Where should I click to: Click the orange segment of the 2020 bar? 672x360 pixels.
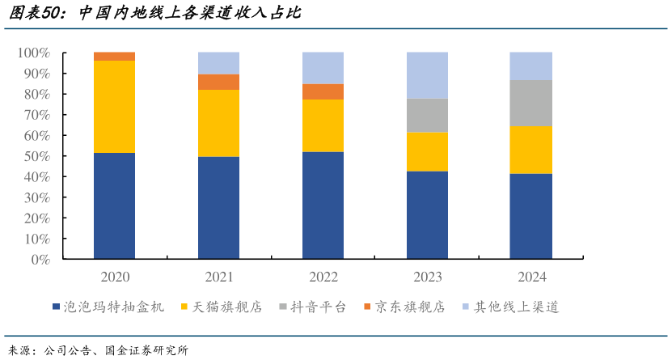(x=115, y=57)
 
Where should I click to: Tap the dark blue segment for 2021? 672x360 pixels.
(x=219, y=208)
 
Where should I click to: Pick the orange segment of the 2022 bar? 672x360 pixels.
(x=323, y=91)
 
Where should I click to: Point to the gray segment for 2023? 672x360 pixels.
(x=427, y=115)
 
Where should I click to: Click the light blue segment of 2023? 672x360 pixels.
(x=427, y=75)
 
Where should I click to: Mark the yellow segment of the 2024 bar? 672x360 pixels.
(x=530, y=150)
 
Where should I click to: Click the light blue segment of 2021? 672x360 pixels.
(x=219, y=63)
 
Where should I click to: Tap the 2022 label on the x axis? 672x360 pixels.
(x=323, y=277)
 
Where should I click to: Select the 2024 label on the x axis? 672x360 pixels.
(x=530, y=277)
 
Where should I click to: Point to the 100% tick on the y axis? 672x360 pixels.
(x=33, y=53)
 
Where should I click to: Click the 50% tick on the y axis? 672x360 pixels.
(x=36, y=156)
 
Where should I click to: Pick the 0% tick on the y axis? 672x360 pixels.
(x=40, y=260)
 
